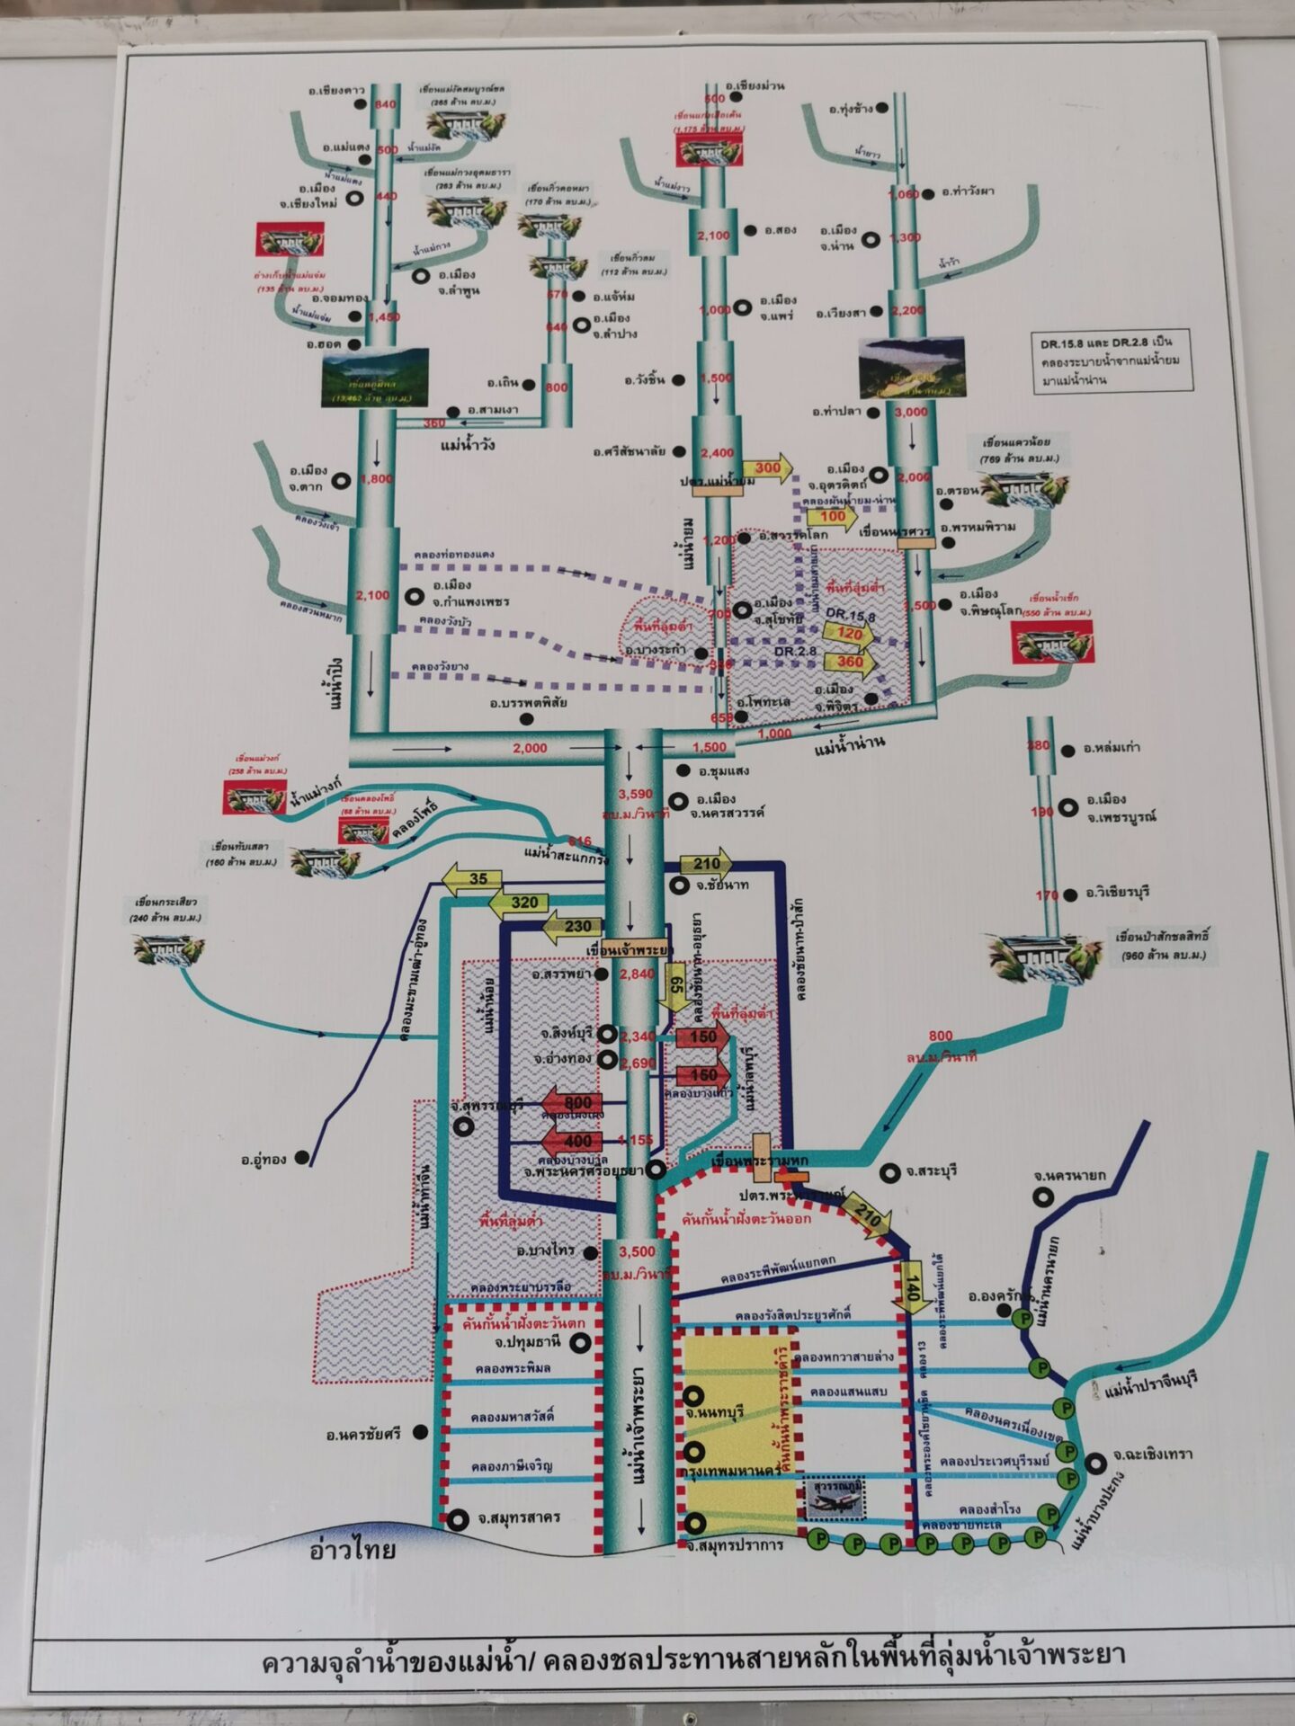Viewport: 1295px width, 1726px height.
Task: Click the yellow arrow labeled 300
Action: pyautogui.click(x=769, y=468)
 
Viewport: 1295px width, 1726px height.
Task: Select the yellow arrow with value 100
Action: pyautogui.click(x=833, y=517)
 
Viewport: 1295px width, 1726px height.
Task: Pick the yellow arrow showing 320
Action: pyautogui.click(x=522, y=902)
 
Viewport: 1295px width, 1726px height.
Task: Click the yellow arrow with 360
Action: pyautogui.click(x=850, y=662)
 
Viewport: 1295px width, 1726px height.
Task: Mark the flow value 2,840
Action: pyautogui.click(x=637, y=974)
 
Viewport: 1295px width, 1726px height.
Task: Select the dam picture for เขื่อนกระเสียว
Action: pyautogui.click(x=168, y=949)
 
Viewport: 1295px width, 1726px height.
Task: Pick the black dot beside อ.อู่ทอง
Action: pyautogui.click(x=303, y=1158)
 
